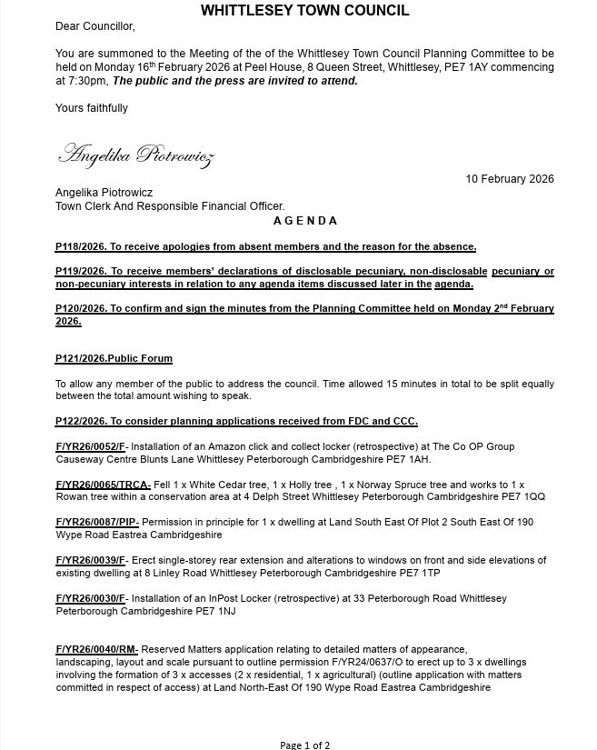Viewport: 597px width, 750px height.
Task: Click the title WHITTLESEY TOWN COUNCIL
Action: (304, 11)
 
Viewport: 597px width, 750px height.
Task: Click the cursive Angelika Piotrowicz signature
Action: (135, 155)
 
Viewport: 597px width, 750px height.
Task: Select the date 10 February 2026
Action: (510, 179)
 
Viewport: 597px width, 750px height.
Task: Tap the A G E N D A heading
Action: (304, 221)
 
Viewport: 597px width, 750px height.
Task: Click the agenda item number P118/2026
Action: (81, 246)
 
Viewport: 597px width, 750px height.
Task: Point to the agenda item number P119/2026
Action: (81, 272)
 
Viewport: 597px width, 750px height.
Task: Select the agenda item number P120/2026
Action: (81, 309)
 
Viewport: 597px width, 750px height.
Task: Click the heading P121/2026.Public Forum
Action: (114, 359)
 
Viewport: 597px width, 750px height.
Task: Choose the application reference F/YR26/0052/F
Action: (91, 446)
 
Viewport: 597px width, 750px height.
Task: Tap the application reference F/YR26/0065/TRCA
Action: (102, 485)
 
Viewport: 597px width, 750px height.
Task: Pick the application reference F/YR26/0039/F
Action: (91, 561)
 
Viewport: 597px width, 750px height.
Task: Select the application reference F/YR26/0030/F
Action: (91, 599)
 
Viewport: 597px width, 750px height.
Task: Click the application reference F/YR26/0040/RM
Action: (95, 650)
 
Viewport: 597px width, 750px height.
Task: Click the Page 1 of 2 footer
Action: (304, 745)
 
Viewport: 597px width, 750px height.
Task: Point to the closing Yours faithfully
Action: (92, 108)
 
